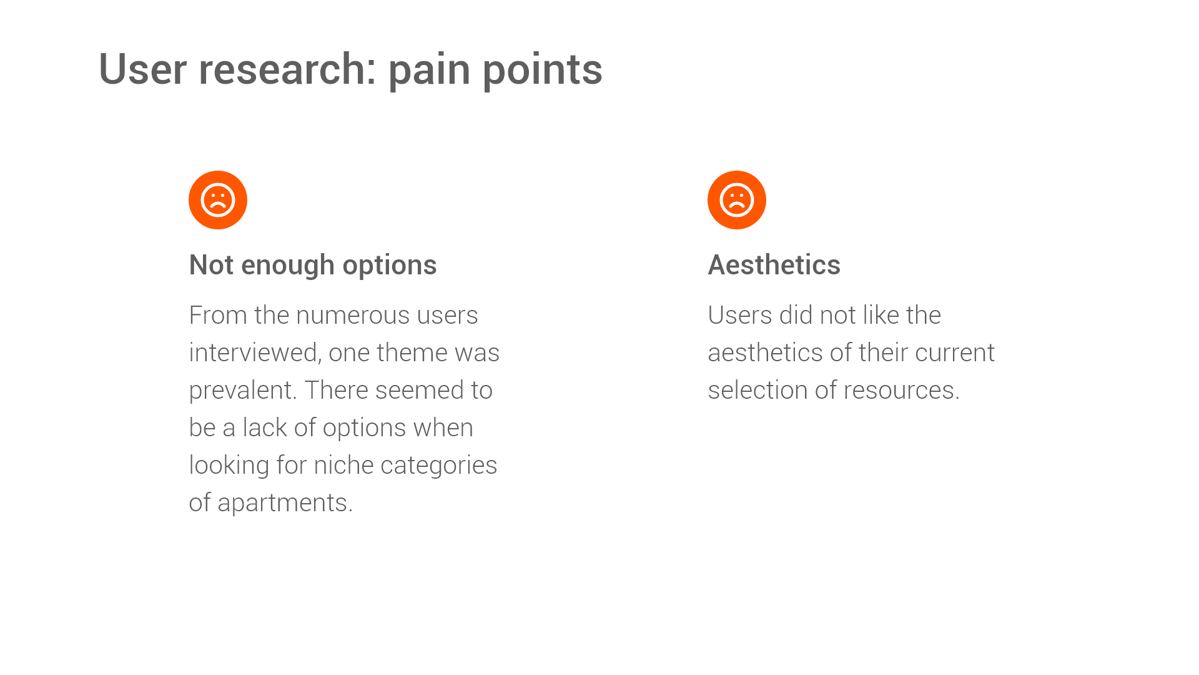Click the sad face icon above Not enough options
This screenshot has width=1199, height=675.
coord(218,200)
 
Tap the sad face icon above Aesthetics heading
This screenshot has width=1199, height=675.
coord(737,200)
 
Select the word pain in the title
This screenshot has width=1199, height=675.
coord(429,70)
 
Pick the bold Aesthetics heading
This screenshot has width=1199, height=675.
coord(774,265)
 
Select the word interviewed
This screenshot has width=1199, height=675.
coord(255,353)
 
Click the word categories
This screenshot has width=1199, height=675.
coord(438,466)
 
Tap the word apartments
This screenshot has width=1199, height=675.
coord(284,503)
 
